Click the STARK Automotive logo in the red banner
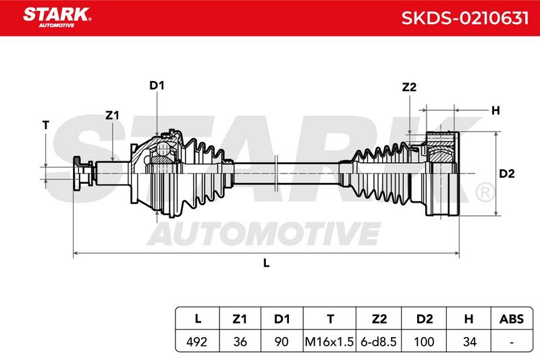pyautogui.click(x=57, y=18)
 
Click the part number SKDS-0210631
pyautogui.click(x=464, y=18)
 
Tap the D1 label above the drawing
pyautogui.click(x=157, y=85)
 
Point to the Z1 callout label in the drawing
pyautogui.click(x=112, y=115)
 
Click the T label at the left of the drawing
pyautogui.click(x=46, y=125)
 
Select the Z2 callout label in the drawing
pyautogui.click(x=409, y=87)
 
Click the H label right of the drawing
pyautogui.click(x=495, y=111)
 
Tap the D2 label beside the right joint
pyautogui.click(x=507, y=174)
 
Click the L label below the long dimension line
pyautogui.click(x=266, y=263)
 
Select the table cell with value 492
pyautogui.click(x=197, y=342)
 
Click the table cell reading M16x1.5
pyautogui.click(x=329, y=342)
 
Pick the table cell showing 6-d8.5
pyautogui.click(x=379, y=342)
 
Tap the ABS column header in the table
pyautogui.click(x=512, y=319)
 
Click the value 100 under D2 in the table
pyautogui.click(x=424, y=342)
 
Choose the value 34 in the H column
pyautogui.click(x=470, y=342)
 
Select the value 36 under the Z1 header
pyautogui.click(x=240, y=342)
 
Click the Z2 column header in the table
pyautogui.click(x=379, y=319)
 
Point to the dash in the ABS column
pyautogui.click(x=512, y=342)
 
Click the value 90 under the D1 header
pyautogui.click(x=281, y=342)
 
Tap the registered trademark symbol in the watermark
pyautogui.click(x=485, y=193)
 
